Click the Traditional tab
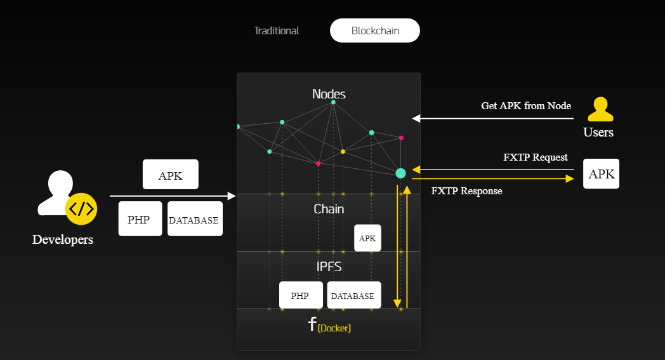(x=277, y=30)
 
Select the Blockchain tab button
(x=375, y=30)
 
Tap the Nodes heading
(x=329, y=94)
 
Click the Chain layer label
(x=329, y=209)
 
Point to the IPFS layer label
(x=329, y=267)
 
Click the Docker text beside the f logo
(x=334, y=328)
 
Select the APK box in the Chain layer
(x=367, y=238)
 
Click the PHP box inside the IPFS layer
(x=300, y=295)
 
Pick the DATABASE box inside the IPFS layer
(x=353, y=295)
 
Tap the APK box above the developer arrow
(x=170, y=175)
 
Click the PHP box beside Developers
(x=140, y=219)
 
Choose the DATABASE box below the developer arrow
(x=194, y=219)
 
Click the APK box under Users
(x=601, y=174)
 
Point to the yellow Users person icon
(x=600, y=109)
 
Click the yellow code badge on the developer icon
(x=81, y=209)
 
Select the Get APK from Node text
(x=526, y=106)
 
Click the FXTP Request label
(x=535, y=157)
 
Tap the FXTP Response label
(x=466, y=191)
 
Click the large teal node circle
(x=400, y=173)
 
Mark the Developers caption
(x=63, y=239)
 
